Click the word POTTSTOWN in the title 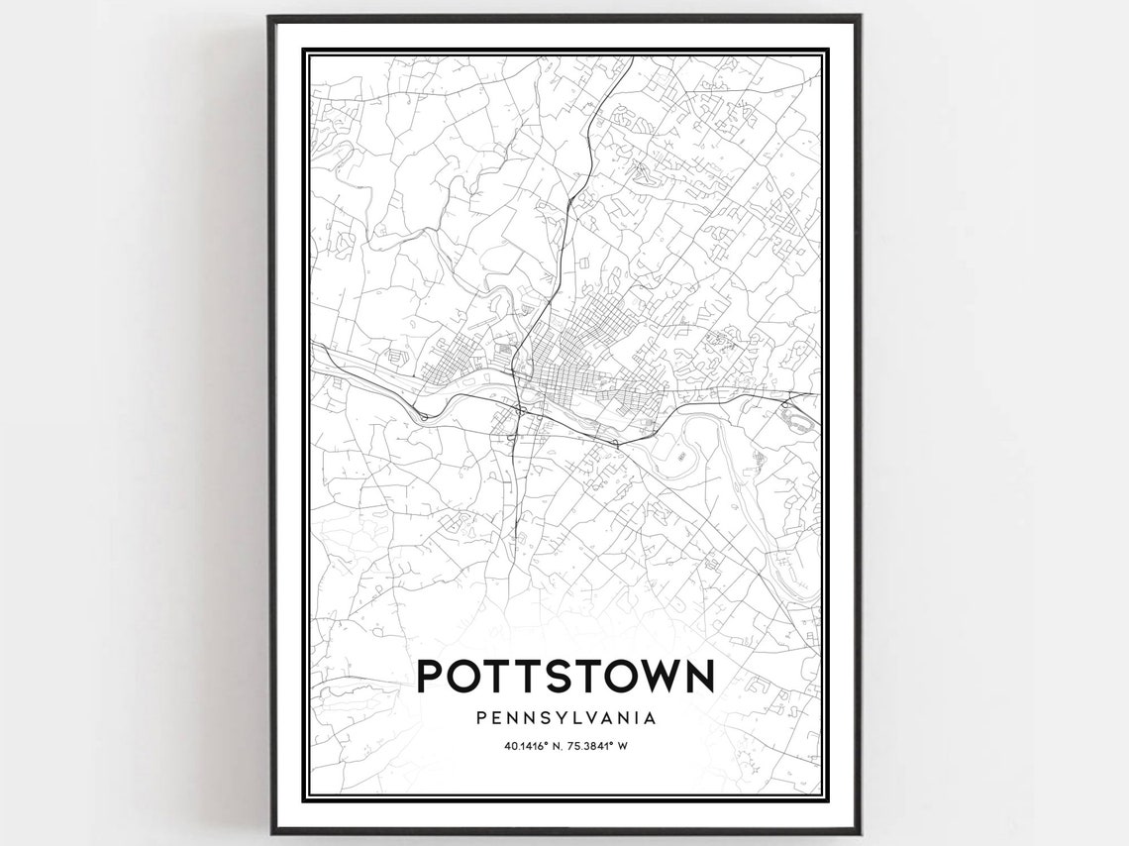564,677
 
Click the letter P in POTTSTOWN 431,677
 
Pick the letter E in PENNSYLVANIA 498,715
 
